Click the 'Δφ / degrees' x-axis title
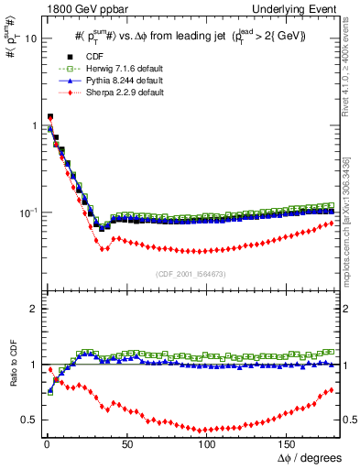click(x=312, y=457)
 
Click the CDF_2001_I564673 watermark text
click(x=195, y=275)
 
